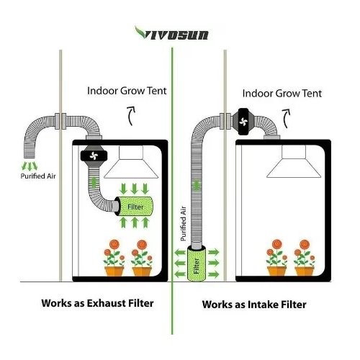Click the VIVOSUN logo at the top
point(171,33)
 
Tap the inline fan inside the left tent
point(94,156)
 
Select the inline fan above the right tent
point(243,122)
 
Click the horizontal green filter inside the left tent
point(134,206)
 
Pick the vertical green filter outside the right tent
point(197,263)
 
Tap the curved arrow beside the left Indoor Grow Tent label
point(131,116)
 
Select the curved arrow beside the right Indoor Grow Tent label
point(287,119)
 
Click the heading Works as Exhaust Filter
point(97,303)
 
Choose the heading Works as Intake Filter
point(254,305)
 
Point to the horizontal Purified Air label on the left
point(38,176)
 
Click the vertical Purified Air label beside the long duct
point(183,224)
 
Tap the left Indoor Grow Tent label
point(127,91)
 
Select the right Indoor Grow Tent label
point(282,94)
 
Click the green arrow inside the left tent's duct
point(94,183)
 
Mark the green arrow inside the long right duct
point(197,186)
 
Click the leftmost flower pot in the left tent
point(114,271)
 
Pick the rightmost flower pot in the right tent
point(305,271)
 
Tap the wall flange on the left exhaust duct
point(60,122)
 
